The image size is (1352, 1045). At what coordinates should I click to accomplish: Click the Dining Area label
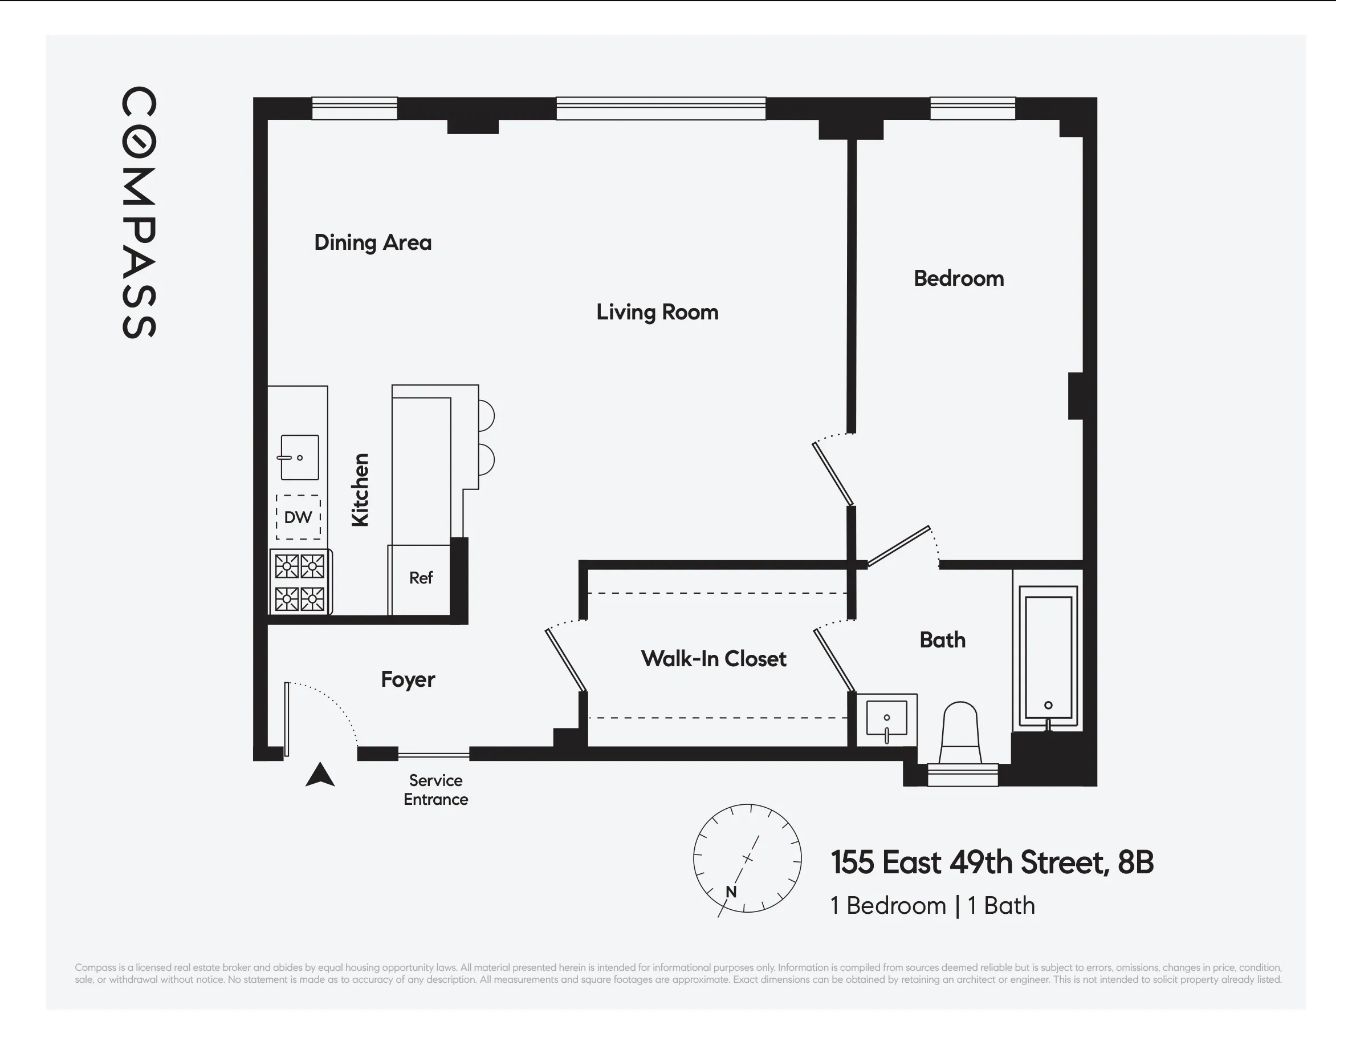pyautogui.click(x=373, y=242)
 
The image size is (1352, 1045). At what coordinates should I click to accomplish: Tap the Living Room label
pyautogui.click(x=657, y=311)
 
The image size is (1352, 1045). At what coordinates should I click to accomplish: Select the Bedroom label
pyautogui.click(x=959, y=278)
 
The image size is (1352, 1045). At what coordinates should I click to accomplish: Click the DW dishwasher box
pyautogui.click(x=298, y=517)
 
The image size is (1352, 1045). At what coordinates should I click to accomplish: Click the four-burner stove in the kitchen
pyautogui.click(x=300, y=582)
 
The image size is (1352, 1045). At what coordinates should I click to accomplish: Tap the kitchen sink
pyautogui.click(x=300, y=458)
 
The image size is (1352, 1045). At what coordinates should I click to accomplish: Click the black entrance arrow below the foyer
pyautogui.click(x=320, y=775)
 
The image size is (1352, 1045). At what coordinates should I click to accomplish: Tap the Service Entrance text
pyautogui.click(x=436, y=790)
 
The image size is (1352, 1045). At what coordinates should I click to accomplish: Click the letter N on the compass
pyautogui.click(x=731, y=892)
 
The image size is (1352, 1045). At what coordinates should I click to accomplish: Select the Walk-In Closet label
pyautogui.click(x=714, y=658)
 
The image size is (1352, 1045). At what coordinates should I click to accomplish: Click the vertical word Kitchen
pyautogui.click(x=360, y=490)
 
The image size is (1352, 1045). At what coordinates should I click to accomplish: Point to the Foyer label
pyautogui.click(x=408, y=679)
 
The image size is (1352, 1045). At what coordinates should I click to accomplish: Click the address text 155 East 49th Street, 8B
pyautogui.click(x=992, y=862)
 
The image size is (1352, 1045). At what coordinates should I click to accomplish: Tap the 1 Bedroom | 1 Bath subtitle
pyautogui.click(x=932, y=906)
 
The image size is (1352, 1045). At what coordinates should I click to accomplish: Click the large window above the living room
pyautogui.click(x=661, y=108)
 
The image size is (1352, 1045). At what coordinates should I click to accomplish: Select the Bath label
pyautogui.click(x=942, y=640)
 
